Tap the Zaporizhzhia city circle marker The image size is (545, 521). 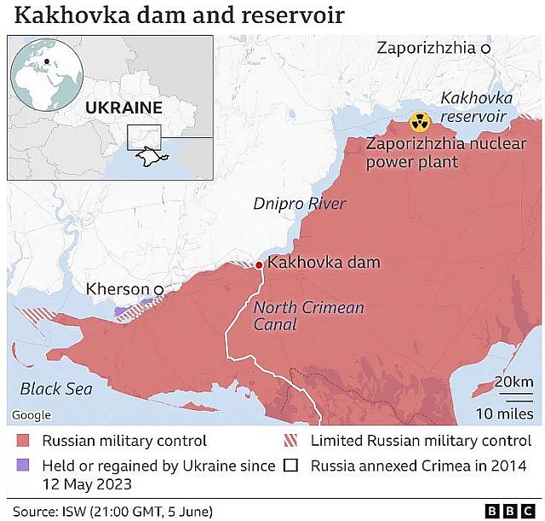click(485, 49)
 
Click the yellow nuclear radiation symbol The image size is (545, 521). click(419, 123)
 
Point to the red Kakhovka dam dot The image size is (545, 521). click(260, 265)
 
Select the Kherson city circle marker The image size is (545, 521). click(158, 291)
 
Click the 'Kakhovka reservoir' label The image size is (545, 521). click(473, 107)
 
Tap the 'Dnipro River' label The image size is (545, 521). click(300, 204)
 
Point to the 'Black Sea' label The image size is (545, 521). click(55, 389)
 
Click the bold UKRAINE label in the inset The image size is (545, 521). click(123, 107)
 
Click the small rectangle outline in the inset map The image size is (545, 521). click(144, 137)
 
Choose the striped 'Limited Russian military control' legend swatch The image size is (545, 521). click(290, 442)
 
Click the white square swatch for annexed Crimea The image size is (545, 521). click(290, 466)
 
